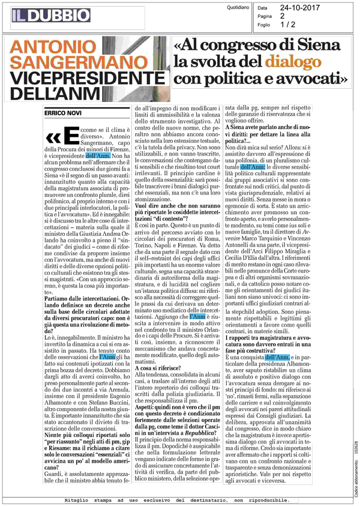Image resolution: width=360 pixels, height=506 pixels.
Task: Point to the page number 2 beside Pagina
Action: (282, 17)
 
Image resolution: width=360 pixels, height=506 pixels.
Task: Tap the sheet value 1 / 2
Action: (287, 25)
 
